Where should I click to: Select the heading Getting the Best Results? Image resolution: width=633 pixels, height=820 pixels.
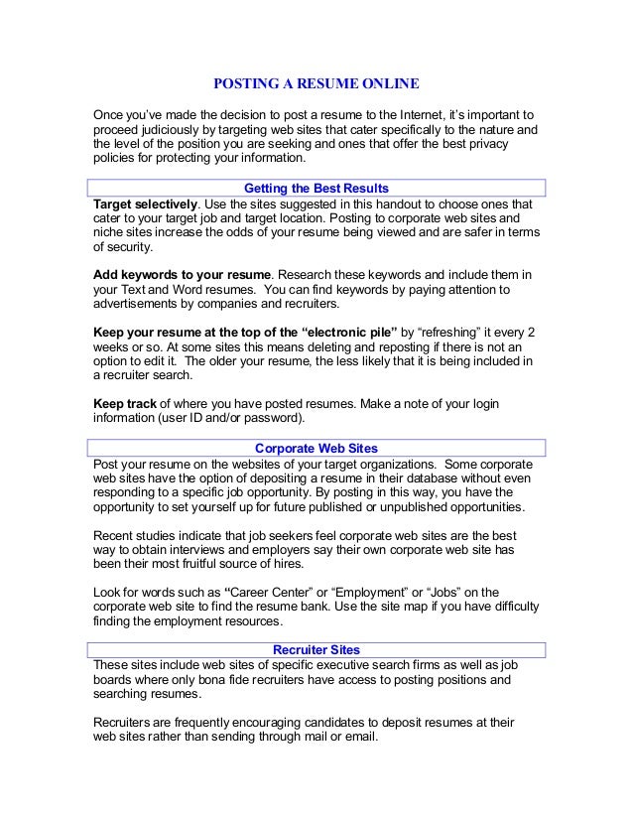pyautogui.click(x=316, y=188)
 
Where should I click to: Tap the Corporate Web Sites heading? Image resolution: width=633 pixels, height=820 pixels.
pyautogui.click(x=316, y=448)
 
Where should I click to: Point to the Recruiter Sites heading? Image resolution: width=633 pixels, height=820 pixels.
pyautogui.click(x=316, y=650)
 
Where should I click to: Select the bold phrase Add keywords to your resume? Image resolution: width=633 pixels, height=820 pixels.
pyautogui.click(x=181, y=273)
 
